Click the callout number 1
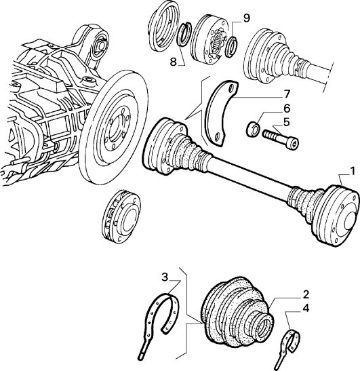point(353,172)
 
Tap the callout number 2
point(306,295)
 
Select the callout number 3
point(165,277)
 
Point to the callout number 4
point(306,309)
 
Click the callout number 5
point(286,123)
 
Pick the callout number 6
point(286,109)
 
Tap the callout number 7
point(286,94)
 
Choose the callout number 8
point(173,62)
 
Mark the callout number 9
point(246,18)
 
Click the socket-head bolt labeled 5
point(281,140)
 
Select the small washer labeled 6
point(253,129)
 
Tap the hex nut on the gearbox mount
point(100,46)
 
